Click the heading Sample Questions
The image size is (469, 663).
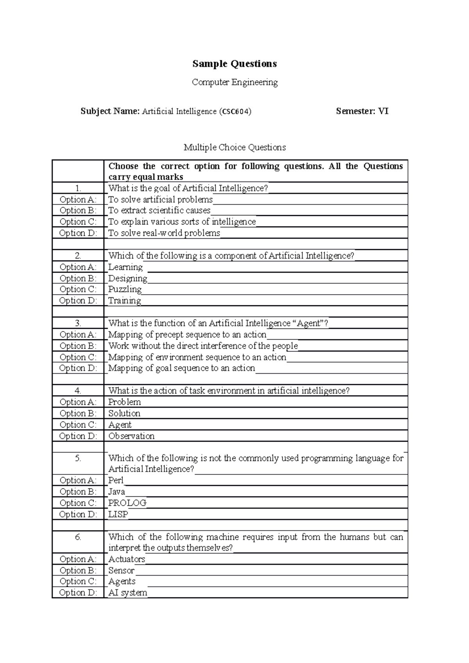[x=234, y=64]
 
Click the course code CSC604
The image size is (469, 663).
[x=235, y=112]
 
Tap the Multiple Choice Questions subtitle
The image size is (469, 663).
[x=234, y=147]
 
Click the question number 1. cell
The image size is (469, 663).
[x=78, y=188]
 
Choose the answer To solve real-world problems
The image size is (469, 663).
[x=164, y=233]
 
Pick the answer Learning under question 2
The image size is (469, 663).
[x=125, y=267]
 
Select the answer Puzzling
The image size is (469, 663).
[x=125, y=289]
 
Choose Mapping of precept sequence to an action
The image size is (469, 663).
[x=187, y=335]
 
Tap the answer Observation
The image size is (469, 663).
[x=131, y=436]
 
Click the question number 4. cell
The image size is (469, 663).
[x=78, y=391]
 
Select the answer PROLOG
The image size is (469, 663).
[x=127, y=503]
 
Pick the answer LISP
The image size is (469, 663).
[x=118, y=514]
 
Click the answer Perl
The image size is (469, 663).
[x=116, y=480]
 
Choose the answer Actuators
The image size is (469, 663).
[x=127, y=559]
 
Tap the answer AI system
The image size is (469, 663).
[x=128, y=593]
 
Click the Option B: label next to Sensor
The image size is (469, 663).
[x=78, y=570]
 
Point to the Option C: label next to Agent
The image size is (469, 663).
[x=78, y=425]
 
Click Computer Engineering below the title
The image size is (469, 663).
[x=234, y=82]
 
